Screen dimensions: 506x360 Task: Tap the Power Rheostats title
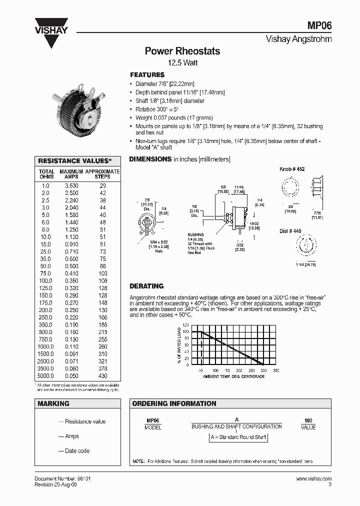(182, 51)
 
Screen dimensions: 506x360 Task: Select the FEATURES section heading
(147, 74)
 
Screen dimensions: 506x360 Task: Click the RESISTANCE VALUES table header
(77, 161)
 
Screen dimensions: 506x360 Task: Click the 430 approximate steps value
(102, 375)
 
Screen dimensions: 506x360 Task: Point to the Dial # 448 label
(290, 231)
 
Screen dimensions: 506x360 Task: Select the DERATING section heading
(146, 286)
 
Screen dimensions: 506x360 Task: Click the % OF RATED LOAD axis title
(178, 345)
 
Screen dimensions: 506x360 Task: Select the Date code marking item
(77, 451)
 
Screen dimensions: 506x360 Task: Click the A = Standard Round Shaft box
(238, 437)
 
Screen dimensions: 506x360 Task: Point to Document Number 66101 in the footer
(62, 478)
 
